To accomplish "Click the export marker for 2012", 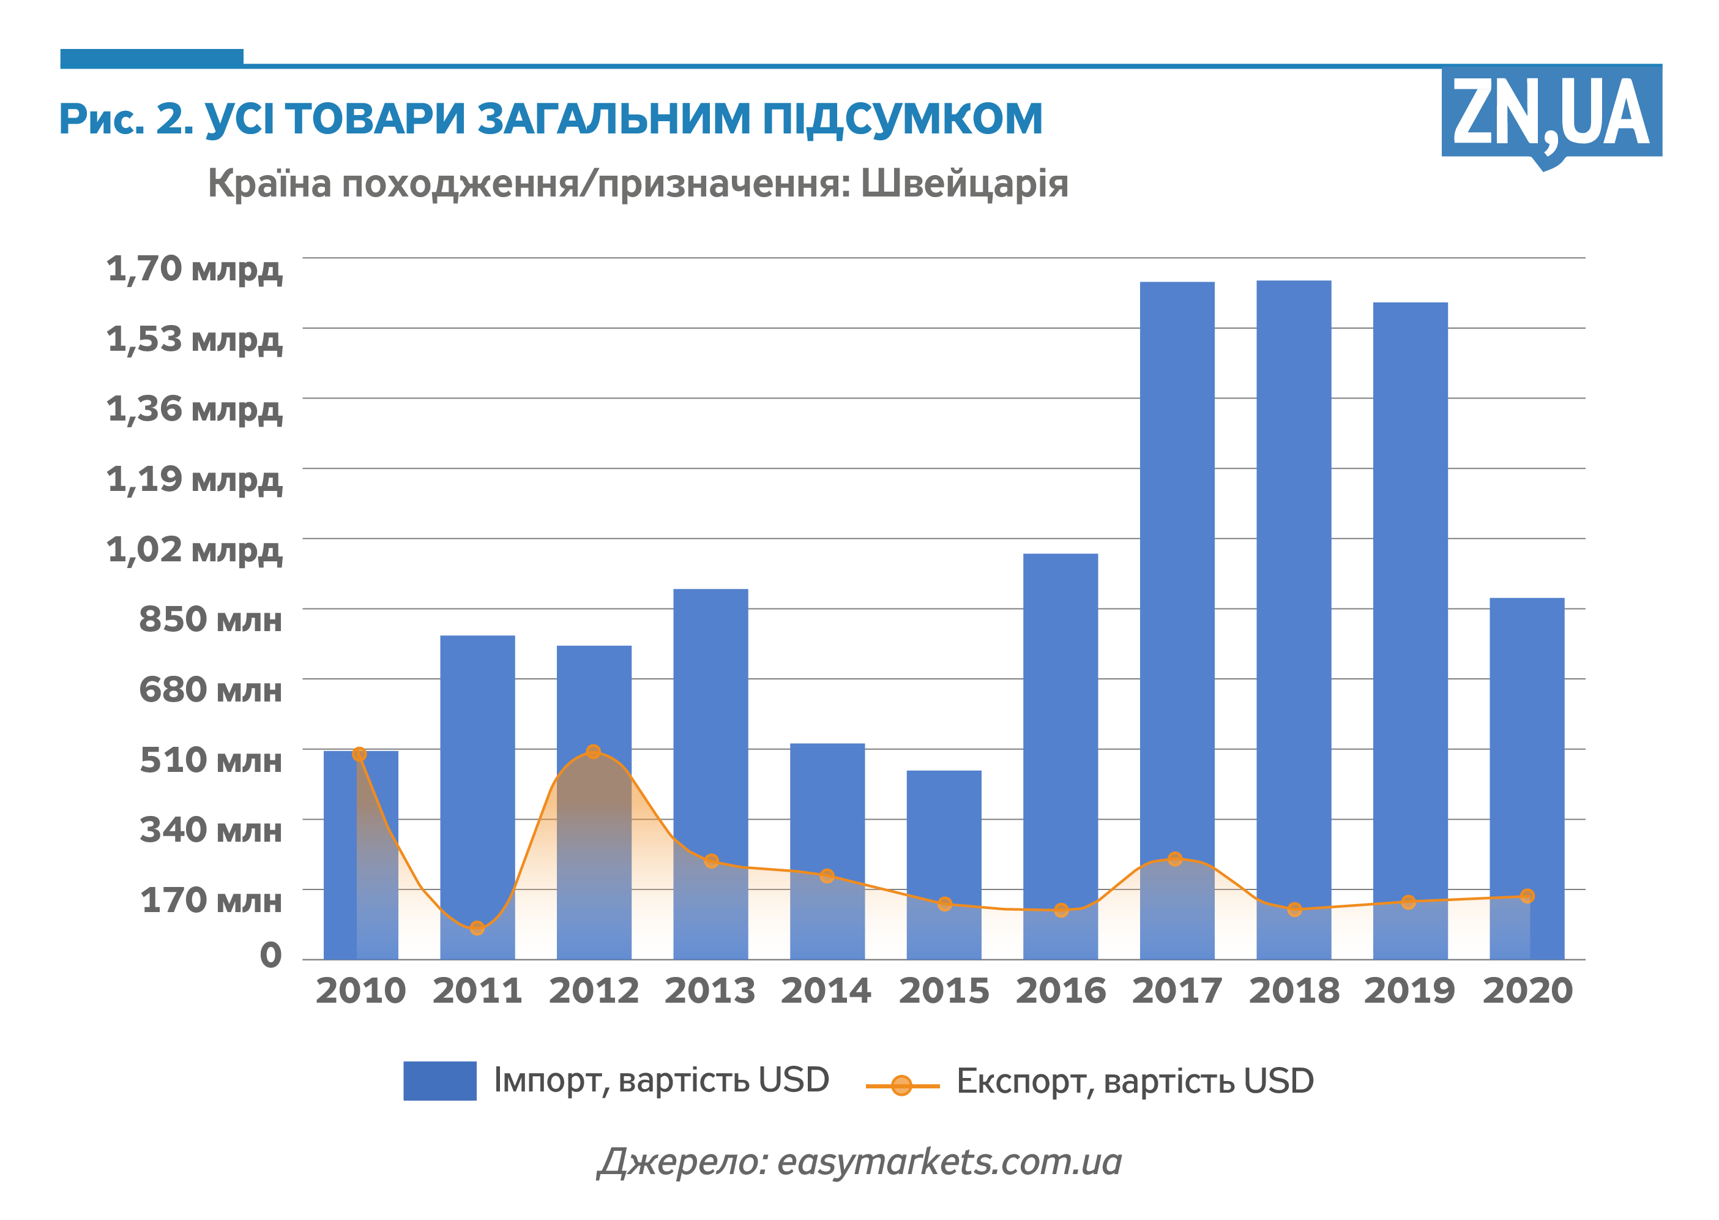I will point(593,751).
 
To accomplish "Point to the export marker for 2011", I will point(477,929).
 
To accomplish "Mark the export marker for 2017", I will point(1176,859).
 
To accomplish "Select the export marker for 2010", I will point(359,754).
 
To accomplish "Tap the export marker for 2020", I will point(1527,896).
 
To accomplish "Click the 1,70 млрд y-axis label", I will point(195,269).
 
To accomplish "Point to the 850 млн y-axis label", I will point(211,619).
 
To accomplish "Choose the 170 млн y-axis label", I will point(211,900).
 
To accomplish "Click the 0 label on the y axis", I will point(270,955).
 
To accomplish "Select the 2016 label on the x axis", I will point(1061,991).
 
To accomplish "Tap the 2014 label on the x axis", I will point(826,991).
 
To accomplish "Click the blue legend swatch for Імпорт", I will point(439,1080).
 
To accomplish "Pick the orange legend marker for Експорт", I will point(901,1085).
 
